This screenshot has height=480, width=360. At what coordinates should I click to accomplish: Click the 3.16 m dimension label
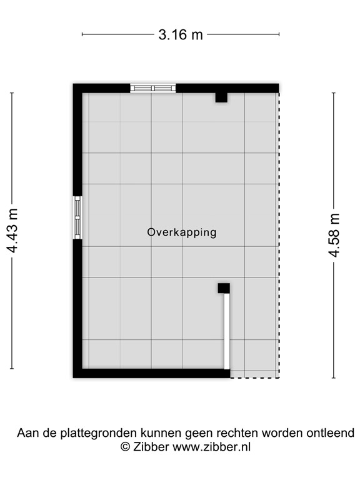(180, 35)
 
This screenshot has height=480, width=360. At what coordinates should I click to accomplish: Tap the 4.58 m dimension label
(334, 235)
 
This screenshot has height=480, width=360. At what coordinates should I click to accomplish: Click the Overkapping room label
(181, 232)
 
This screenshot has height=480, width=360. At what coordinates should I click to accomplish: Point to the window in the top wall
(152, 88)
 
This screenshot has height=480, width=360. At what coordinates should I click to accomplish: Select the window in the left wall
(77, 217)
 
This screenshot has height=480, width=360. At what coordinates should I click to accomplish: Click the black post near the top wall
(221, 97)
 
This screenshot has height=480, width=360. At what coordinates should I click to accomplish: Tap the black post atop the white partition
(223, 288)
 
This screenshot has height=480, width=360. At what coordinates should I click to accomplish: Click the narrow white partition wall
(227, 331)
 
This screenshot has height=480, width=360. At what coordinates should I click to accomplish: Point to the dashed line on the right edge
(278, 231)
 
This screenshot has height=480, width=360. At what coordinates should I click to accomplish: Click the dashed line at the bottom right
(254, 377)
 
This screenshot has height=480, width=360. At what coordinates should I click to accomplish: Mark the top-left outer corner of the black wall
(74, 84)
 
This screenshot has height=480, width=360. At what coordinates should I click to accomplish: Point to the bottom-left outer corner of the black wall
(74, 377)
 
